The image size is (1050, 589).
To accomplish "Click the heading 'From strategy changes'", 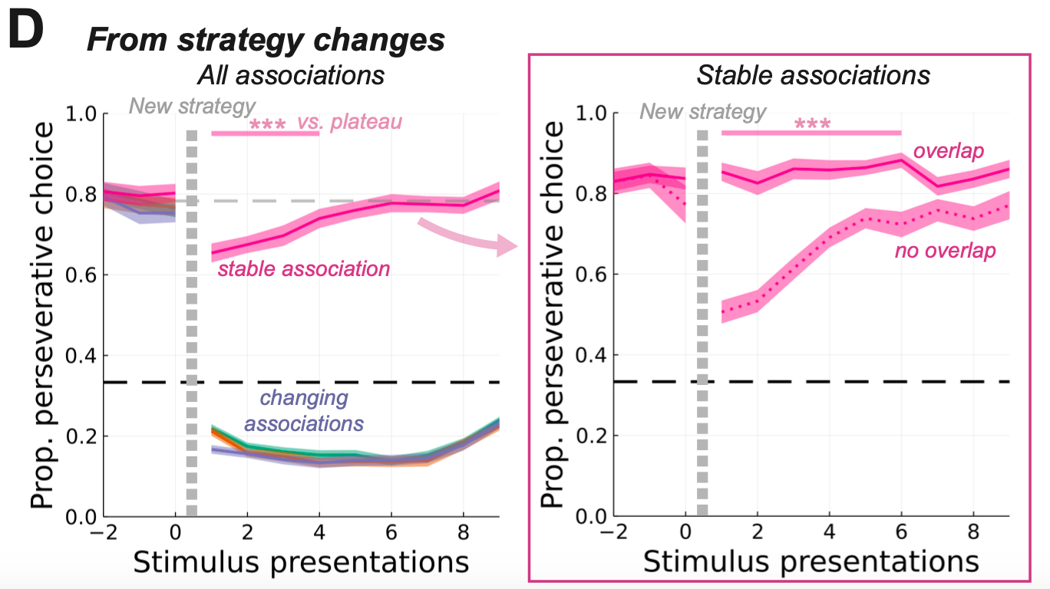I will tap(266, 40).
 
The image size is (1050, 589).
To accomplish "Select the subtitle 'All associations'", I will tap(290, 75).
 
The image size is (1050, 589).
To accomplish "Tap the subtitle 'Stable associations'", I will tap(813, 75).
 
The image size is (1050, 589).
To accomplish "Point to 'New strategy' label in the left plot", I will tap(192, 105).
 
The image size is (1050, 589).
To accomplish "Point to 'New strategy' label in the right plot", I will tap(703, 112).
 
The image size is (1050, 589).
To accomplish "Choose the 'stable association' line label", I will tap(304, 269).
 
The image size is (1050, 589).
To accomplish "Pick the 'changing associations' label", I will tap(304, 411).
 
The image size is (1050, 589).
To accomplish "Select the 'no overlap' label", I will tap(945, 251).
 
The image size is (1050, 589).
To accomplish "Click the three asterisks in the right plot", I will tap(813, 123).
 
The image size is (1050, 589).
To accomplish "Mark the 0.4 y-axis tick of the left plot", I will tap(80, 356).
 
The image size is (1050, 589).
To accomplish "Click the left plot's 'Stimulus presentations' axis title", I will tap(301, 561).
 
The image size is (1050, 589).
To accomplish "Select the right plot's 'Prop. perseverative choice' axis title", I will tap(554, 314).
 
